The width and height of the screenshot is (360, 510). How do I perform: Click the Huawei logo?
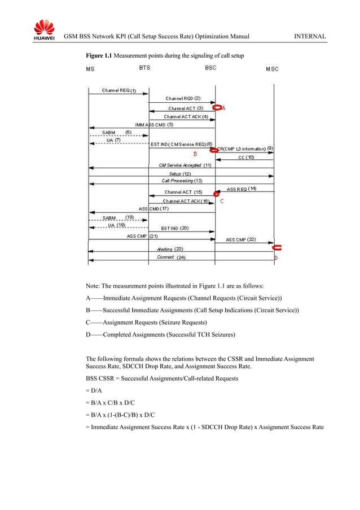(43, 30)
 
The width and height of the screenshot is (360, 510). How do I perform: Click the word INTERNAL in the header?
(310, 37)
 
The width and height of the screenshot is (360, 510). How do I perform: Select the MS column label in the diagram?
(90, 69)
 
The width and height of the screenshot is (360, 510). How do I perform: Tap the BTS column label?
(144, 67)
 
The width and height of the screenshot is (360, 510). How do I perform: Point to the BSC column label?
(210, 67)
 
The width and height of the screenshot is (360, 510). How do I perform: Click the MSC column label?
(272, 69)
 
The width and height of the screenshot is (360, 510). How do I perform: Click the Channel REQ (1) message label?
(118, 90)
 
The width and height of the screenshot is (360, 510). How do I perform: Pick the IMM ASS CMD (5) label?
(154, 124)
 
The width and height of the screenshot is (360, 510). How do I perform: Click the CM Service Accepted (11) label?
(185, 165)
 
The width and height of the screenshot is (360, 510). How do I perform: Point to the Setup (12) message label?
(180, 174)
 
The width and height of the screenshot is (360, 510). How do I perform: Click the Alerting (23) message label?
(170, 249)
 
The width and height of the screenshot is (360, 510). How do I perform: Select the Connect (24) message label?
(171, 258)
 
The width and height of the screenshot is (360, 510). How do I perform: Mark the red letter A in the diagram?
(223, 107)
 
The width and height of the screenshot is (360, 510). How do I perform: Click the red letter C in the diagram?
(222, 200)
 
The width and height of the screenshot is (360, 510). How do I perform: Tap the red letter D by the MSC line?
(276, 258)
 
